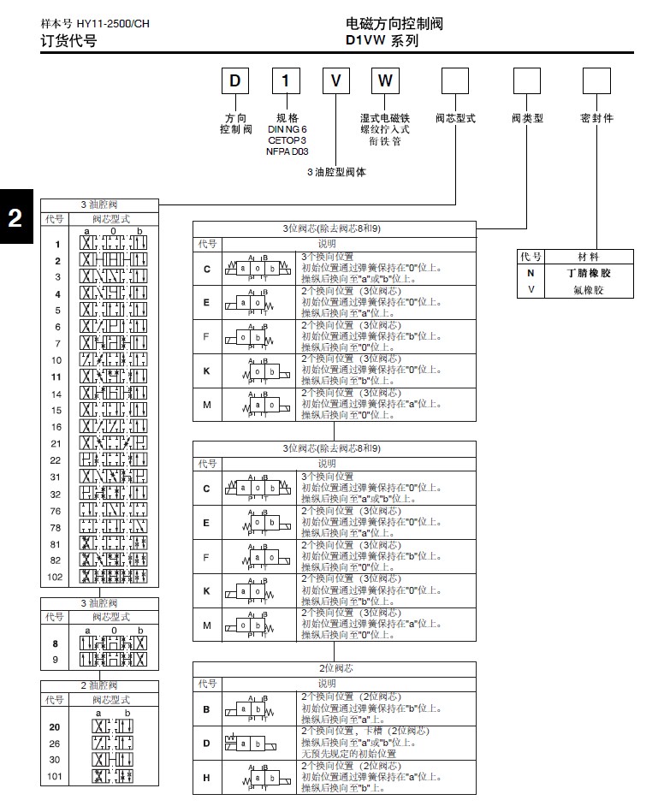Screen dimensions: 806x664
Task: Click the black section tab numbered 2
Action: click(15, 218)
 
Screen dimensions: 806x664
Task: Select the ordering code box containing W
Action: click(385, 81)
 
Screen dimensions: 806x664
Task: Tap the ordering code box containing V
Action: click(336, 81)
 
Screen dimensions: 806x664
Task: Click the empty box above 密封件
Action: click(596, 81)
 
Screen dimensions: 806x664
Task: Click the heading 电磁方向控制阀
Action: click(394, 24)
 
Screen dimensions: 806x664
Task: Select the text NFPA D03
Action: click(287, 151)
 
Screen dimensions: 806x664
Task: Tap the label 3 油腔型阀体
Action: click(336, 172)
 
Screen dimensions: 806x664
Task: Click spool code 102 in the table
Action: click(56, 578)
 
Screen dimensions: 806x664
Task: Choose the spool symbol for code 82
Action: click(114, 560)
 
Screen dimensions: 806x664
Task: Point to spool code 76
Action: click(56, 511)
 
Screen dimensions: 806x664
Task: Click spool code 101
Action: click(56, 777)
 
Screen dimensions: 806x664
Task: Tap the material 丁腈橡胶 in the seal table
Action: click(589, 274)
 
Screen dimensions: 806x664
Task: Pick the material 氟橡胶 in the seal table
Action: click(589, 290)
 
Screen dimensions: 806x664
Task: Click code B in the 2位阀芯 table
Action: click(206, 709)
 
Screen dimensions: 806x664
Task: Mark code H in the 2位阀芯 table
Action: click(206, 777)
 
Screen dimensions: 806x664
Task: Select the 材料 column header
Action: click(589, 257)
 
